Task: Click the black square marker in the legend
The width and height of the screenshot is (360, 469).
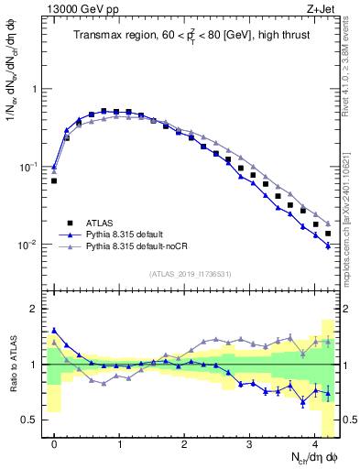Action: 69,222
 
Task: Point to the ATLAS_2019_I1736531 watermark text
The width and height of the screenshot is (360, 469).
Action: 191,274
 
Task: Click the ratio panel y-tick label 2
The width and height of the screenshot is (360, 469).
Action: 35,309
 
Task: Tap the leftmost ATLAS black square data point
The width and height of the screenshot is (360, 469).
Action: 54,180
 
